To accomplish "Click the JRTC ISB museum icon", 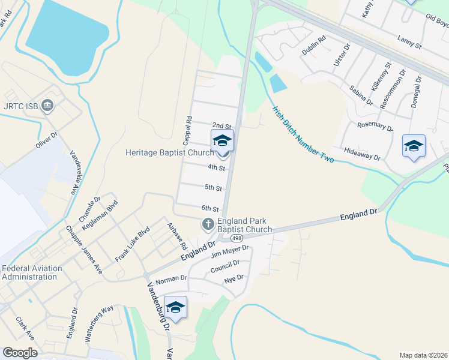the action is pos(48,107).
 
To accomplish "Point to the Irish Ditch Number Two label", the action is pos(303,135).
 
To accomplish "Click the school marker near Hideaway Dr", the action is pos(413,146).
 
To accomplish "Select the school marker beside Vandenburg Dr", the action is pos(175,307).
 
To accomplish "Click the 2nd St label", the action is pos(221,126).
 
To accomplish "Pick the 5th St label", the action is pos(213,188).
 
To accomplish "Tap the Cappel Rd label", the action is pos(188,131).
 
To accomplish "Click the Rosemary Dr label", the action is pos(375,126).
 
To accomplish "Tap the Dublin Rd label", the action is pos(313,46).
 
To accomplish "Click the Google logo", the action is pos(20,352).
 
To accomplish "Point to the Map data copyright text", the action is pos(423,355).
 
